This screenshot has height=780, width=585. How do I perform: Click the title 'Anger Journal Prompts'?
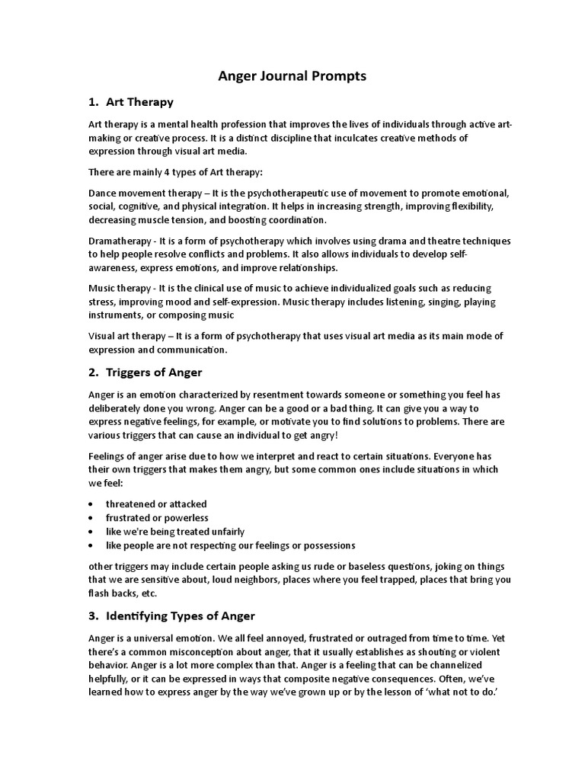292,75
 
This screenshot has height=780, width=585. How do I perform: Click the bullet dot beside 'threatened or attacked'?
91,504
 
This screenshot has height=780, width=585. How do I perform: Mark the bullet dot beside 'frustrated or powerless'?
91,518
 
